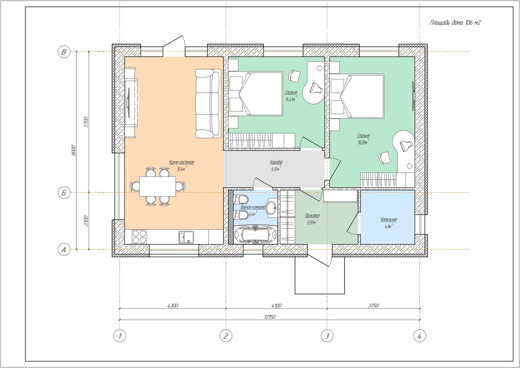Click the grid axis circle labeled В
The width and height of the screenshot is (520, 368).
(x=64, y=52)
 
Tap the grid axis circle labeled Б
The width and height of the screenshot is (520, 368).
(x=64, y=193)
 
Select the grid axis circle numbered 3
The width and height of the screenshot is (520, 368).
(x=327, y=336)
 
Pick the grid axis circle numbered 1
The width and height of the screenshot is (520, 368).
(x=120, y=336)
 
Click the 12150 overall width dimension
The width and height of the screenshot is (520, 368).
(x=270, y=317)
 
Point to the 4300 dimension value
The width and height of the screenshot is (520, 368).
(x=173, y=305)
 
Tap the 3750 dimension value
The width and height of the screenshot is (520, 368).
(x=373, y=305)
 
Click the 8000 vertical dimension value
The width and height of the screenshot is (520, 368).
(x=74, y=150)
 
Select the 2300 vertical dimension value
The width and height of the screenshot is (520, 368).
(x=86, y=221)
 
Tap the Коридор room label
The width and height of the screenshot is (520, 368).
(x=276, y=162)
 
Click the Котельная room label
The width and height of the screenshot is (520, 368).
(x=389, y=219)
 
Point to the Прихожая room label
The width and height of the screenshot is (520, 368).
(x=312, y=216)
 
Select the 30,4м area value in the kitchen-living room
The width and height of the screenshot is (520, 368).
(x=181, y=169)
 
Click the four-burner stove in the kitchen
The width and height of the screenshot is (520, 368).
(x=139, y=236)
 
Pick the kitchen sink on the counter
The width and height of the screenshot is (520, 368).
(x=186, y=237)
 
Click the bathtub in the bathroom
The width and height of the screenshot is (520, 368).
(x=255, y=235)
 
